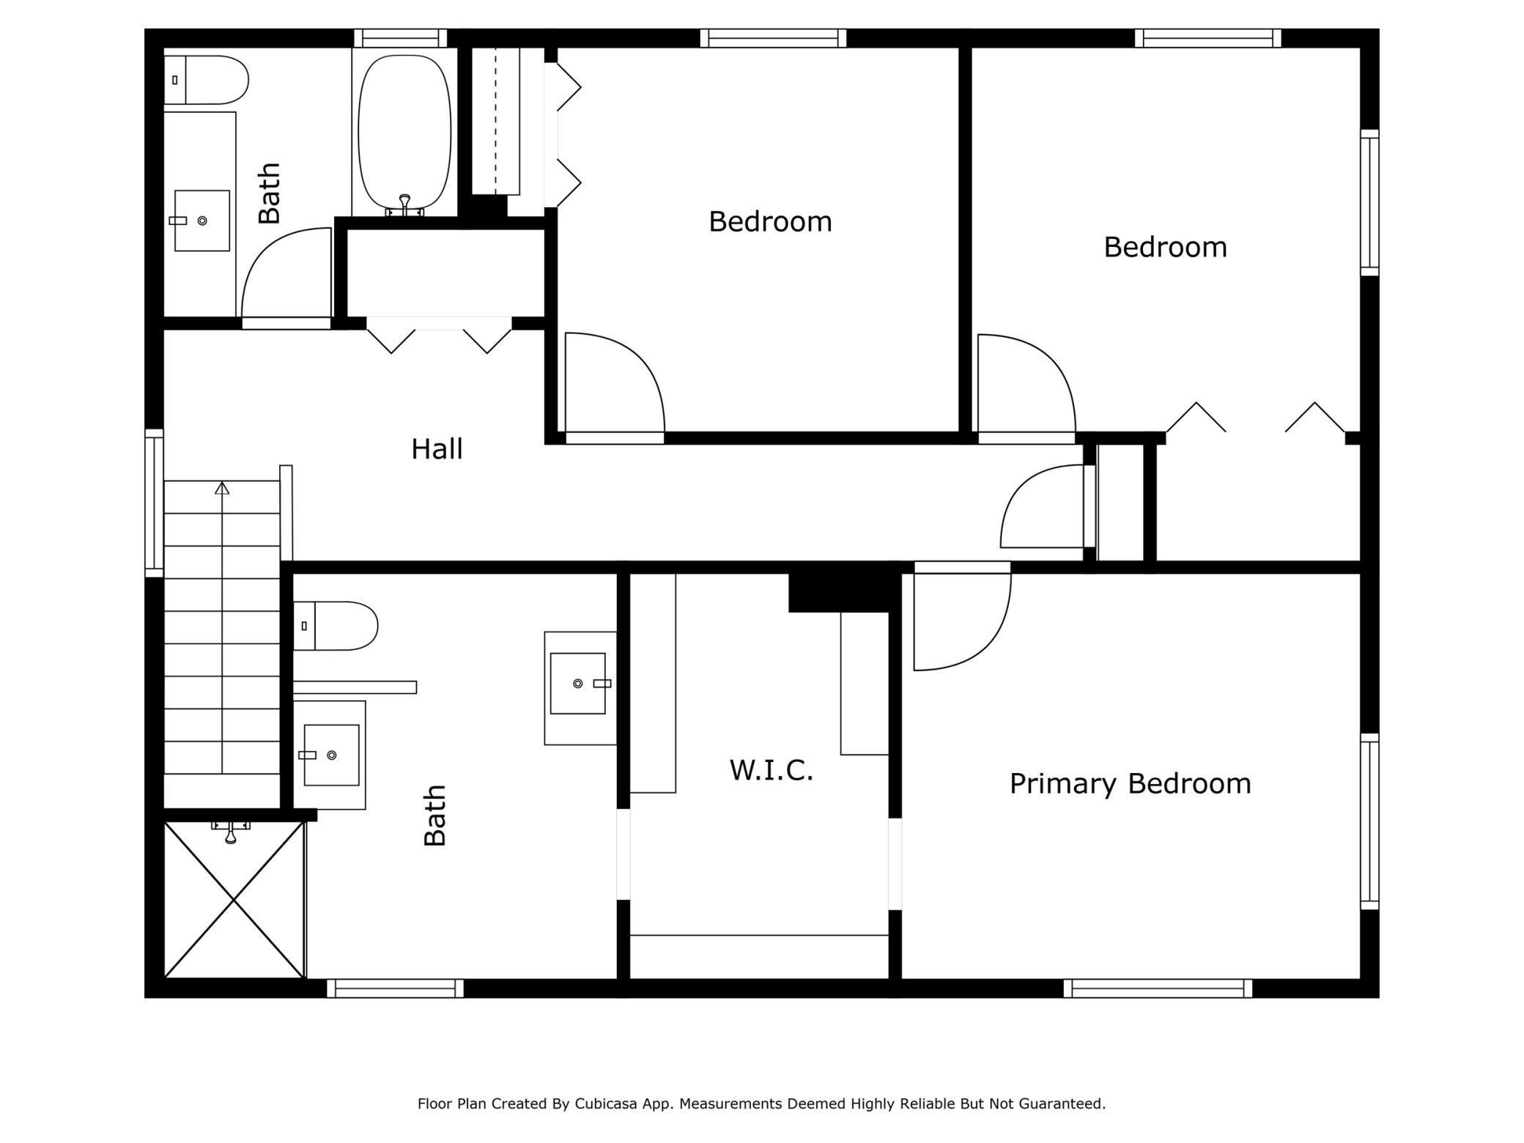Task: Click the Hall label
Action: point(437,449)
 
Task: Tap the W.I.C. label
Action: point(772,770)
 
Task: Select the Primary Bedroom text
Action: point(1130,784)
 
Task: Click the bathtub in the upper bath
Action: point(404,133)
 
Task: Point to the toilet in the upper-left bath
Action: point(206,80)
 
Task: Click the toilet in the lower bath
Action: point(335,626)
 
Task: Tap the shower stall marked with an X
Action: point(234,899)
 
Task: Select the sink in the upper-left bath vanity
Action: point(201,221)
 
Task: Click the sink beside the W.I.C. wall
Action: point(578,684)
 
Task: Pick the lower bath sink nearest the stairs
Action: point(331,755)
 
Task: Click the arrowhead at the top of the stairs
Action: point(222,487)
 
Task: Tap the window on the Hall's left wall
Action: point(154,503)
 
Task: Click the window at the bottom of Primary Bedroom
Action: point(1158,988)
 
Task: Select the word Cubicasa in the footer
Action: point(605,1103)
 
